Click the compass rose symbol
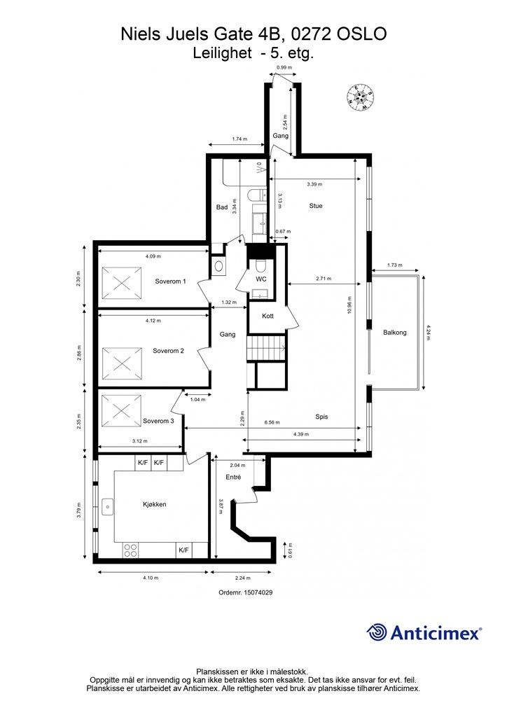361,96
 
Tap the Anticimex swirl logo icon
377,632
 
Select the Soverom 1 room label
170,281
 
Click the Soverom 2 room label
168,350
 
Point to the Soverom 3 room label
158,421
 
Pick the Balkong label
394,333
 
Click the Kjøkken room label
153,504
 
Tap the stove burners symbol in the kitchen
130,550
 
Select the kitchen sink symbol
109,506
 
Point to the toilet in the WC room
260,265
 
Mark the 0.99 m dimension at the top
283,68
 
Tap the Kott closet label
267,316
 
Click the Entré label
233,477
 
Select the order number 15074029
246,592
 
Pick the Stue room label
316,206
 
